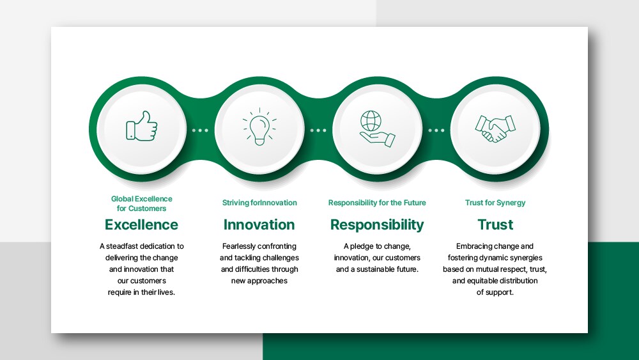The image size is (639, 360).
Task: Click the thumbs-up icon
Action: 141,126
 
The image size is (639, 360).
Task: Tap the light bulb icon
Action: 259,127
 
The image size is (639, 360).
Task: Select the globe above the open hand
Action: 371,121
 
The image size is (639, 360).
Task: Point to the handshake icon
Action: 495,129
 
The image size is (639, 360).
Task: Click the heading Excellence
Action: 141,224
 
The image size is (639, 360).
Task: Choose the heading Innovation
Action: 259,224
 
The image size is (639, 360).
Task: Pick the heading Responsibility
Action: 377,225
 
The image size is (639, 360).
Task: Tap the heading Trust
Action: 495,224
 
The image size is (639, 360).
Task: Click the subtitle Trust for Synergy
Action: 495,203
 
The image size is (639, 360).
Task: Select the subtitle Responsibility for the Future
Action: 377,203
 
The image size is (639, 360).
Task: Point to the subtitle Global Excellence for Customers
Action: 141,203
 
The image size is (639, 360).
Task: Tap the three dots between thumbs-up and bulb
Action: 200,130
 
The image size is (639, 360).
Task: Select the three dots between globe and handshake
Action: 436,130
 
